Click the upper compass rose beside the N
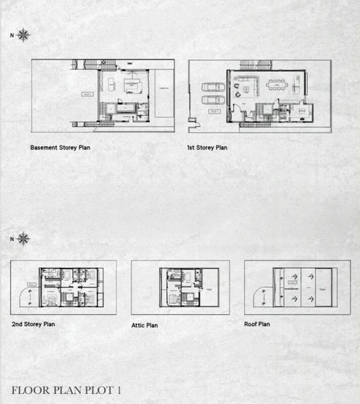[24, 35]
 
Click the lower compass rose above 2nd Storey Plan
[24, 238]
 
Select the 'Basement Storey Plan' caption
[60, 147]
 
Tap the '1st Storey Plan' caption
[208, 147]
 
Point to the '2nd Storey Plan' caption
[33, 324]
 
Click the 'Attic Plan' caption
[144, 325]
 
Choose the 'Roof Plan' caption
[257, 324]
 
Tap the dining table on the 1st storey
[278, 85]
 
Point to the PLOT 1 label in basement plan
[87, 94]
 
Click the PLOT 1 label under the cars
[214, 110]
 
